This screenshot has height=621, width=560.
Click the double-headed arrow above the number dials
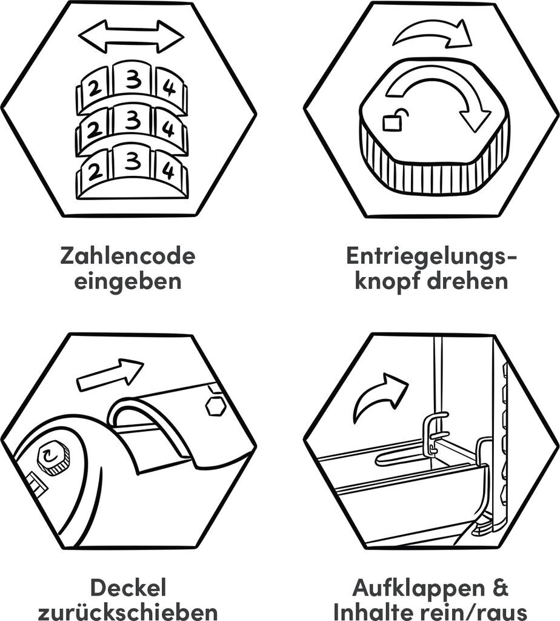[131, 36]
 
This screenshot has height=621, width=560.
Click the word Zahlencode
[128, 256]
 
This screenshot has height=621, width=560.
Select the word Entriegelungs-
[432, 257]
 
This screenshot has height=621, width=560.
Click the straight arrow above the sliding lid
[110, 375]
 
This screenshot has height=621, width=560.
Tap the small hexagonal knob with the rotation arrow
[52, 457]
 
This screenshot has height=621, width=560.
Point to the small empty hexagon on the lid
[216, 407]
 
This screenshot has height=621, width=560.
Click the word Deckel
[128, 588]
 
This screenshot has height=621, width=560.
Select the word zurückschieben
[128, 613]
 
